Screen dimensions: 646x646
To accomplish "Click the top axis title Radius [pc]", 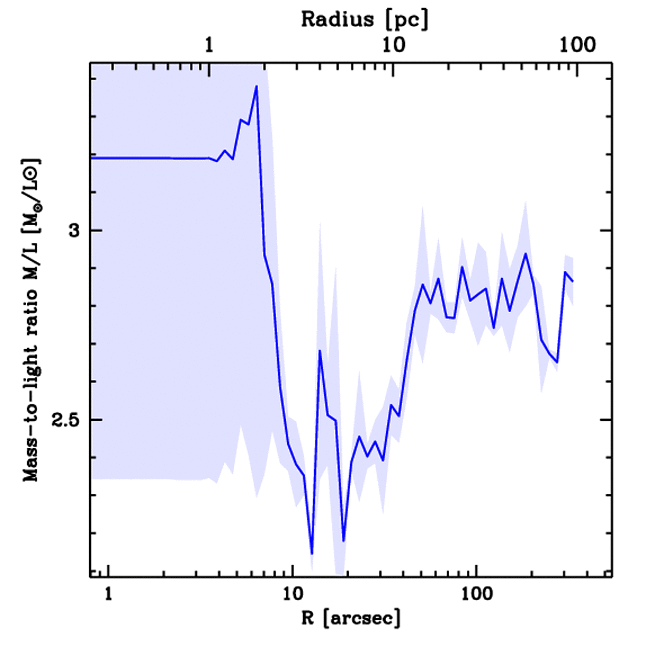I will pos(365,20).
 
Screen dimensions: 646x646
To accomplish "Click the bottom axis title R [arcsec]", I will pos(350,618).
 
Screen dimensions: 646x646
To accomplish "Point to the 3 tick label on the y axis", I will pos(75,231).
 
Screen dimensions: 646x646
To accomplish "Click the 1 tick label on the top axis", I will pos(209,45).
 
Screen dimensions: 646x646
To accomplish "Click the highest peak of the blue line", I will pos(256,86).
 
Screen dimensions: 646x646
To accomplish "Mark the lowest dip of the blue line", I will pos(312,553).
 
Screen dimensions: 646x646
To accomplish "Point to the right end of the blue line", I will pos(573,281).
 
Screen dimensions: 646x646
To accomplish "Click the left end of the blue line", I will pos(92,158).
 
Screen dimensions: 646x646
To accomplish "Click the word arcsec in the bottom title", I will pos(368,619).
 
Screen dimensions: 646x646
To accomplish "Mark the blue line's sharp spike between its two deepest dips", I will pos(320,351).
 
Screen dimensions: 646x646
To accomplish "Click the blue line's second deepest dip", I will pos(344,541).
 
